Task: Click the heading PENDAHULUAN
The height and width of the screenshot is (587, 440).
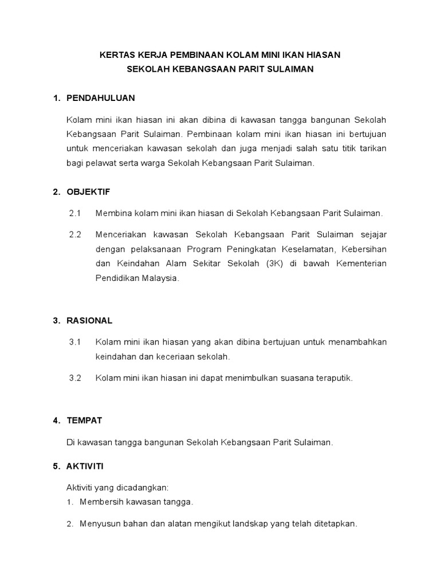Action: coord(101,98)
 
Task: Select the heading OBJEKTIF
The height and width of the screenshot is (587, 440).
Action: coord(88,192)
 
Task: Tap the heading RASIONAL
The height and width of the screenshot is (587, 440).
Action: coord(89,320)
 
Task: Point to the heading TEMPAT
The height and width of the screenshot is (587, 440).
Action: coord(84,420)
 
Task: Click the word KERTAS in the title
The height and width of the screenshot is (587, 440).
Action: coord(116,55)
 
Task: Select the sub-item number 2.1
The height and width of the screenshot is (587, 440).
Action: coord(76,213)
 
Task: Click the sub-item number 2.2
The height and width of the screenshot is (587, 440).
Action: coord(76,234)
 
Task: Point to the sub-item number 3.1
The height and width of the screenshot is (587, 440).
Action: coord(76,342)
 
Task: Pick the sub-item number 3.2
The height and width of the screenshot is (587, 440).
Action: coord(76,378)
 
